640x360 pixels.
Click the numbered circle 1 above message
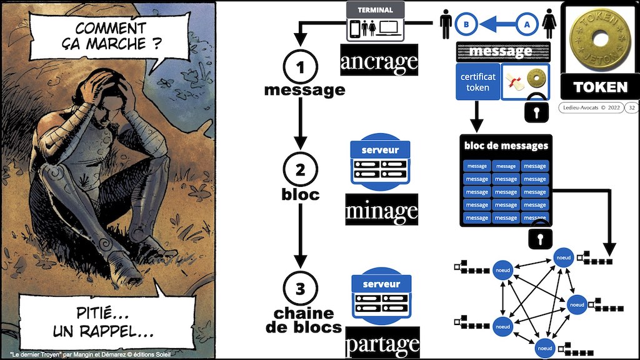tap(301, 66)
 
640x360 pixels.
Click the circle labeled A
tap(526, 24)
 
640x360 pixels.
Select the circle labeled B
tap(466, 24)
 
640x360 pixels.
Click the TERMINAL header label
tap(375, 10)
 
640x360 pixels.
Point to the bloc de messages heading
tap(506, 146)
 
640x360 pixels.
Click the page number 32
tap(632, 107)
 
